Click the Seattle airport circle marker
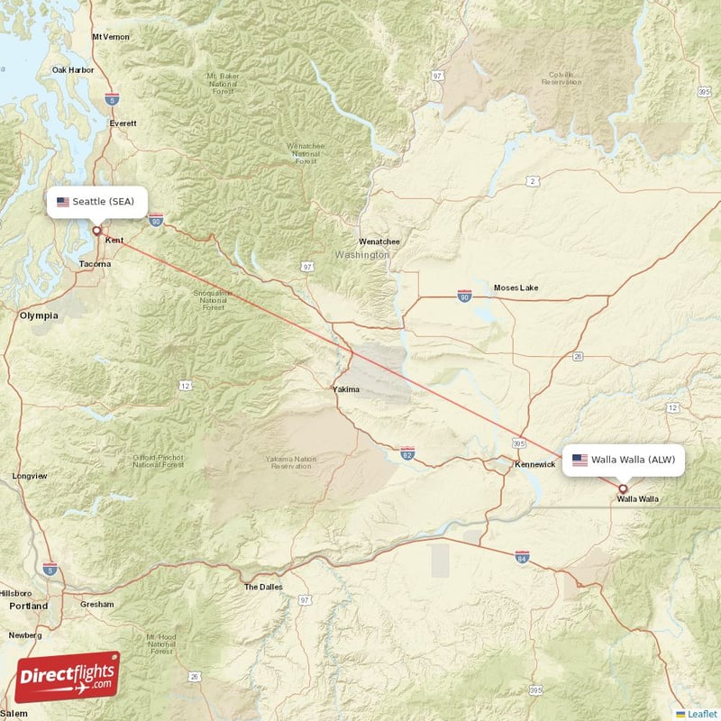(x=96, y=230)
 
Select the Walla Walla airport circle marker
(x=622, y=488)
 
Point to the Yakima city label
(x=345, y=390)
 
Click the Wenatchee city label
(x=379, y=242)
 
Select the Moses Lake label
(x=516, y=287)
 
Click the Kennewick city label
(x=535, y=465)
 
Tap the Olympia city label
(x=39, y=315)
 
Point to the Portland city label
(x=28, y=607)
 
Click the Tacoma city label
(x=95, y=264)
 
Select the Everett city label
(x=123, y=123)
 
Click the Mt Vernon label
(x=111, y=37)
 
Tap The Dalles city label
(x=263, y=587)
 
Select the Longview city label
(x=30, y=476)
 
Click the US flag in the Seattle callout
(x=62, y=202)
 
